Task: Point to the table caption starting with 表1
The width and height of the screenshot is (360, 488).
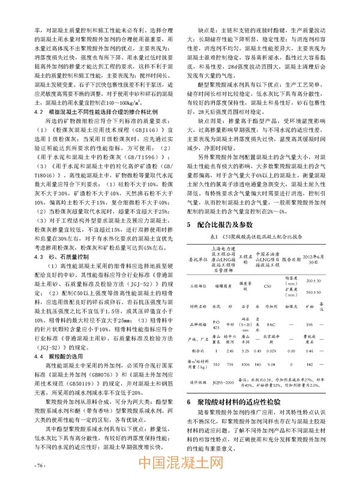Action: click(x=251, y=221)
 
